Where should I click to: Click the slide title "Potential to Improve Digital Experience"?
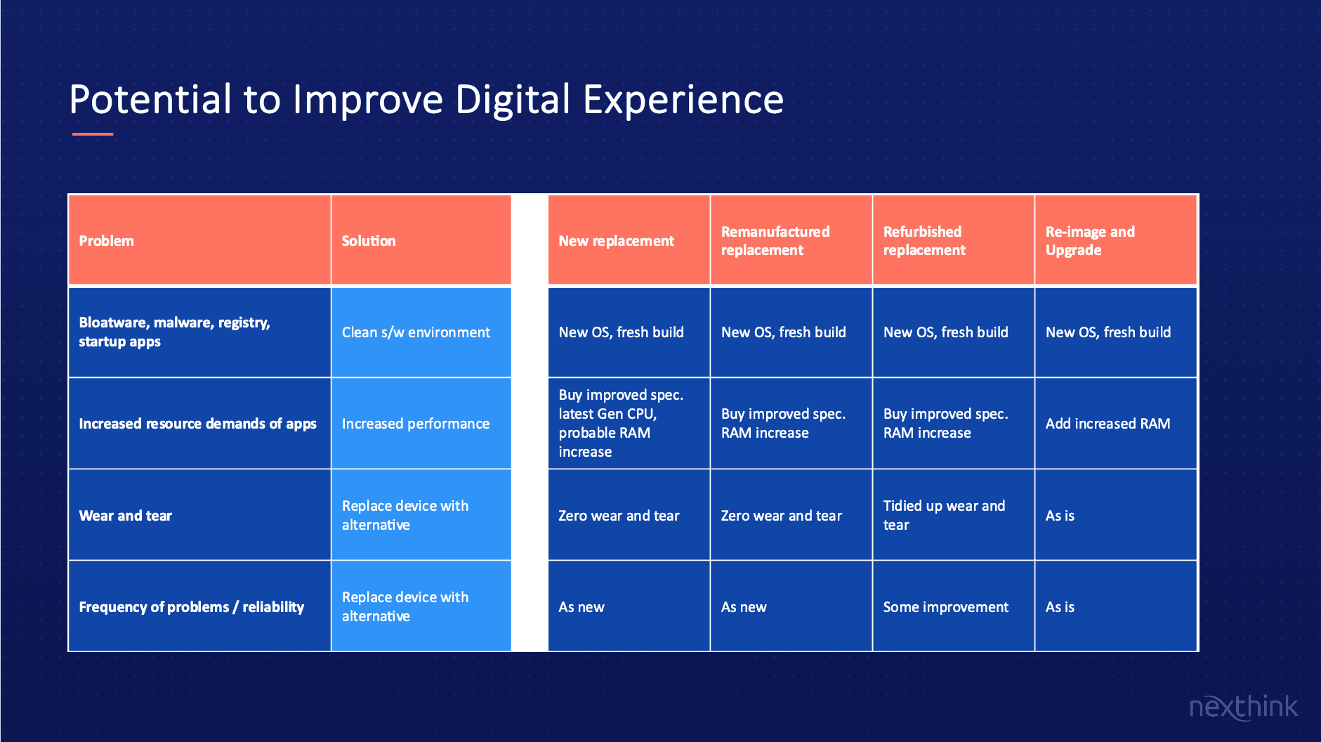(x=426, y=100)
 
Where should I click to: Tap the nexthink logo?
(x=1243, y=706)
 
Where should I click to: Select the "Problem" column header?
(x=199, y=240)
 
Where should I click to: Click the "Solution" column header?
(x=421, y=240)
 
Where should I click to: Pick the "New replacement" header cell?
(x=629, y=240)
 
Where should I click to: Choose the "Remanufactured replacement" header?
(x=791, y=240)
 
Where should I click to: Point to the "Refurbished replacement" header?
(x=953, y=240)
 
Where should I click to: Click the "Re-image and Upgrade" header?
(x=1115, y=240)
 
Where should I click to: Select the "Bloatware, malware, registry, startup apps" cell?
(x=199, y=332)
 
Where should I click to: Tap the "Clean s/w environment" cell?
(x=421, y=332)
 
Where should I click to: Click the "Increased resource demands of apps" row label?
(x=199, y=424)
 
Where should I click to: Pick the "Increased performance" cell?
(x=421, y=424)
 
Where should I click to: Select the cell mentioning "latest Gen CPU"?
(x=629, y=424)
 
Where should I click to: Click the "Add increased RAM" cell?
(x=1115, y=424)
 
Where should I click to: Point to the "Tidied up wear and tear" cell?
(x=953, y=515)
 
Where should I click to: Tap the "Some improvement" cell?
(x=953, y=606)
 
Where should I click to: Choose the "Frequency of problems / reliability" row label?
(x=199, y=606)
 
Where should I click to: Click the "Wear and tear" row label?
(x=199, y=515)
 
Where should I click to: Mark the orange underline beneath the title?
(x=93, y=134)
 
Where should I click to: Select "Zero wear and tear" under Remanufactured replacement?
(x=791, y=515)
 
